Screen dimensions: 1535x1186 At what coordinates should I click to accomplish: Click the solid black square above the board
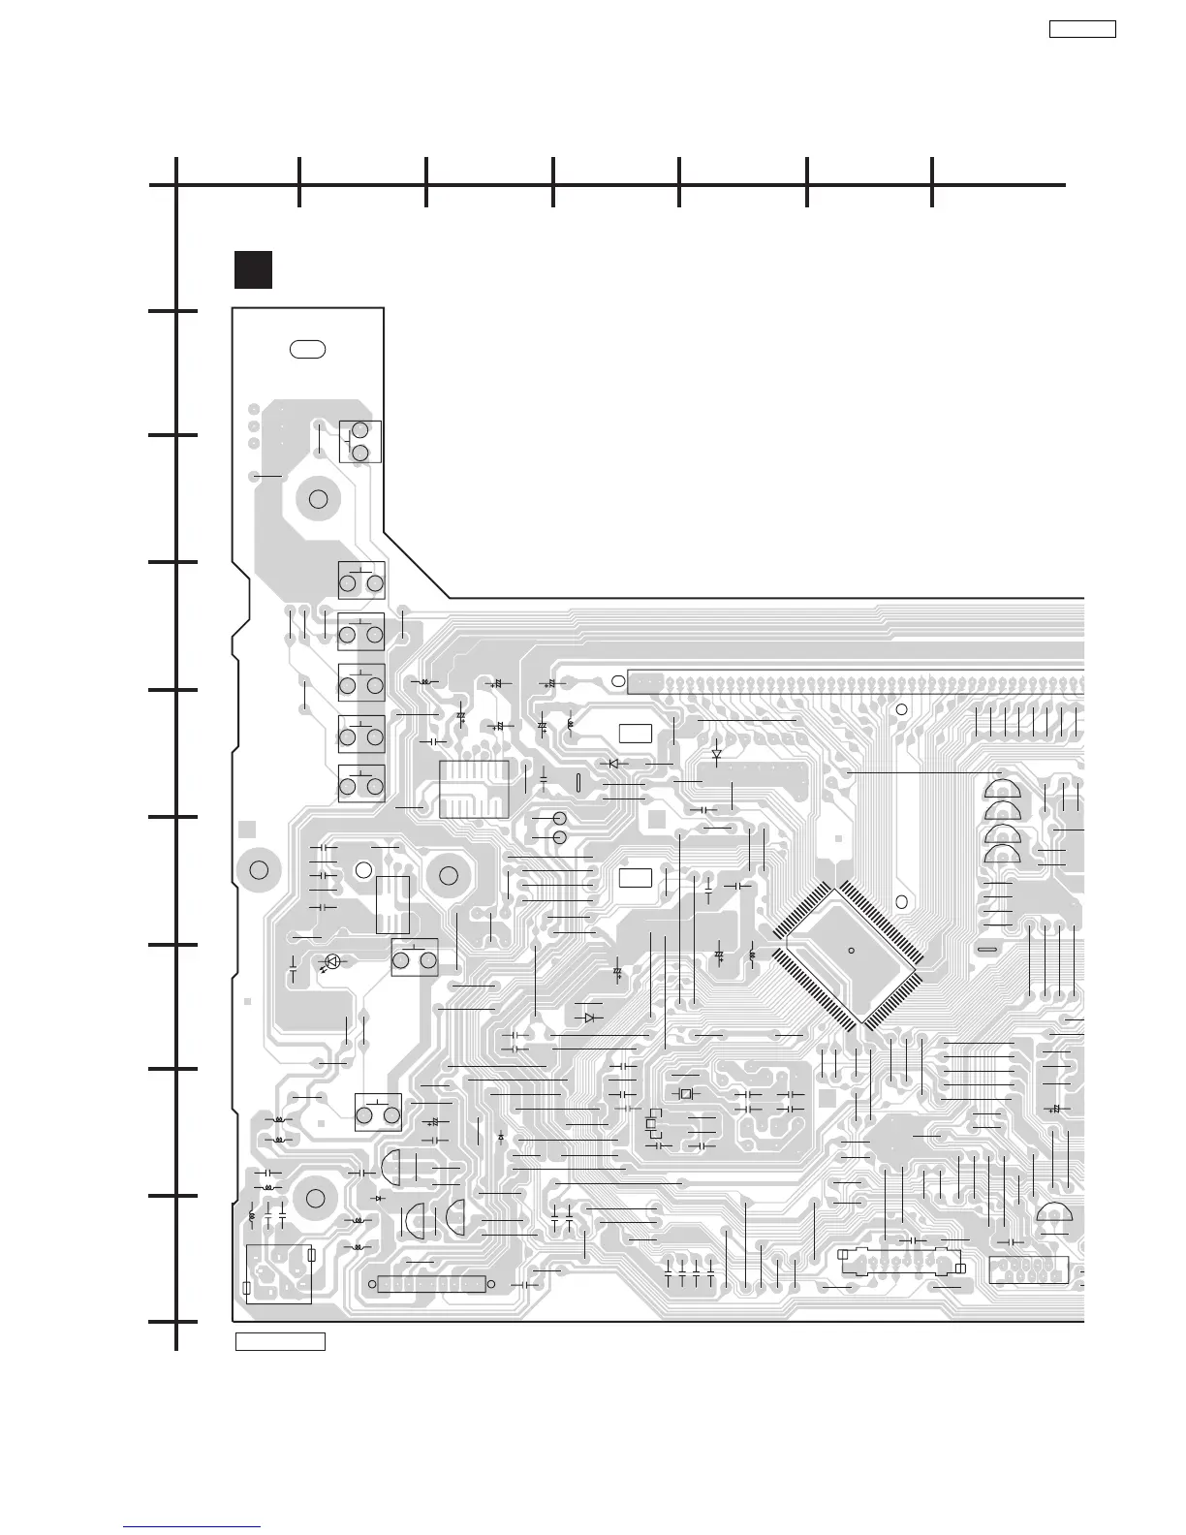tap(253, 269)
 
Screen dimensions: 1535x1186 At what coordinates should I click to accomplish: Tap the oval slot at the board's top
tap(307, 349)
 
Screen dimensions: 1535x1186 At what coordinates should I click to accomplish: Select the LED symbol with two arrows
tap(332, 962)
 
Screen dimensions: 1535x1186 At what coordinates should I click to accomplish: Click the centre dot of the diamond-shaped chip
tap(850, 950)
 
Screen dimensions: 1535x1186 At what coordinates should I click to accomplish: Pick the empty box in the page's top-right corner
tap(1082, 29)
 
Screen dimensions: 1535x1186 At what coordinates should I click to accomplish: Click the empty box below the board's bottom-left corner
tap(280, 1342)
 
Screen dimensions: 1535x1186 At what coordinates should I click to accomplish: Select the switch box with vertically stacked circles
tap(360, 442)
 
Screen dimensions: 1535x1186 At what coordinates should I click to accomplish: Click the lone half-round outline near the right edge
tap(1054, 1211)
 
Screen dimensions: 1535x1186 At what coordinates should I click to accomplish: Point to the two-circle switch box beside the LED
tap(414, 957)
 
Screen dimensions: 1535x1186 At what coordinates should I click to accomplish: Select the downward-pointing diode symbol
tap(716, 753)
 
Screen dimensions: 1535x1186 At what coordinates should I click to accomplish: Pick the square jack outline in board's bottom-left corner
tap(278, 1273)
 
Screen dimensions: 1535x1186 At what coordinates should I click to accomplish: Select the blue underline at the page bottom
tap(192, 1528)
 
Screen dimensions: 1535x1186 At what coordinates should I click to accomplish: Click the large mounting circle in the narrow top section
tap(318, 499)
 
